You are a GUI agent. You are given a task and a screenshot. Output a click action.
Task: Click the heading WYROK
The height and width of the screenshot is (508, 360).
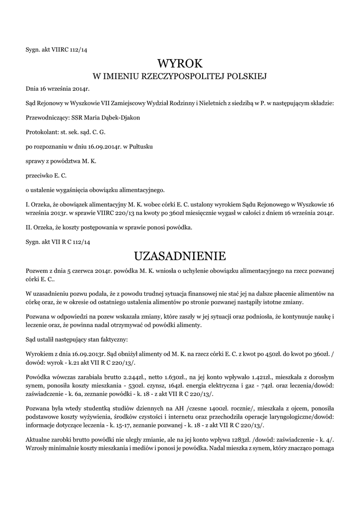click(x=180, y=63)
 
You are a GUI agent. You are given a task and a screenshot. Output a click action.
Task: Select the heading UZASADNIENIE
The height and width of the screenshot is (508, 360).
click(x=180, y=256)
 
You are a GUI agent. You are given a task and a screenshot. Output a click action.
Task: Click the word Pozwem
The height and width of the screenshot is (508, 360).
click(x=37, y=270)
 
